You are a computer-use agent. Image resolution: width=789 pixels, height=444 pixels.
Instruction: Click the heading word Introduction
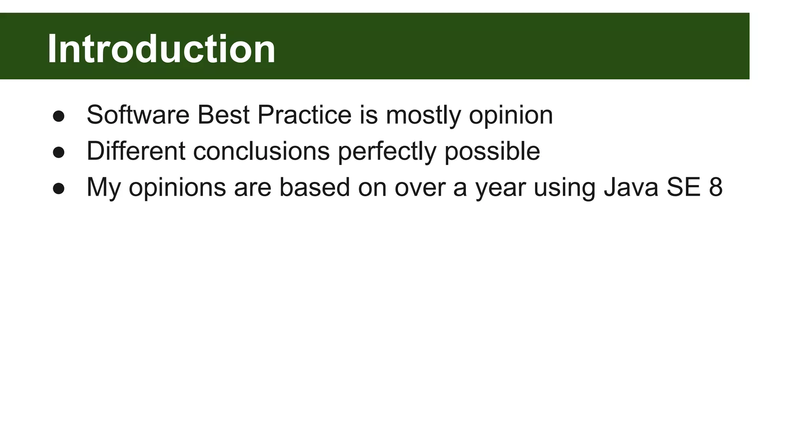tap(161, 49)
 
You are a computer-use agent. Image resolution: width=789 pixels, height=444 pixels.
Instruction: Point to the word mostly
tap(423, 115)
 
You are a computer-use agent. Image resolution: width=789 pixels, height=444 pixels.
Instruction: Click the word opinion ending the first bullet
tap(511, 115)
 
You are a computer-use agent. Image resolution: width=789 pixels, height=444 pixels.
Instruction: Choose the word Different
tap(136, 151)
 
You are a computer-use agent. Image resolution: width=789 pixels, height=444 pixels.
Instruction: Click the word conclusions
tap(261, 151)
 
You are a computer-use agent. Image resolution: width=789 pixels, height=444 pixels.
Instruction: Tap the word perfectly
tap(387, 151)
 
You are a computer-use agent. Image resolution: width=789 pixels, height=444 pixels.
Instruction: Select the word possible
tap(492, 151)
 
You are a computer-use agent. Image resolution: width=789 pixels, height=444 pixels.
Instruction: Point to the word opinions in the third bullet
tap(177, 188)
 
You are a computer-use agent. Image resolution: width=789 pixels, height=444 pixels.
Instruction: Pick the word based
tap(315, 187)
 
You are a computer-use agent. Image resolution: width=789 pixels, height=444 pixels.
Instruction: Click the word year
tap(500, 188)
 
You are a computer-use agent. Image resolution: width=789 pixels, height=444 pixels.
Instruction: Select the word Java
tap(631, 187)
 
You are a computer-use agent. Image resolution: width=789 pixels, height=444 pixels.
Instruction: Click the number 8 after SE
tap(715, 187)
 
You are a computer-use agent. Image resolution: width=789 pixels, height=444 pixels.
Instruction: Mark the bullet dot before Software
tap(59, 116)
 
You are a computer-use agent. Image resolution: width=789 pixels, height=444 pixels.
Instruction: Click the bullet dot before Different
tap(59, 153)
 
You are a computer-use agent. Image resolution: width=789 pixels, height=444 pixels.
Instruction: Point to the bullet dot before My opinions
tap(59, 189)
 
